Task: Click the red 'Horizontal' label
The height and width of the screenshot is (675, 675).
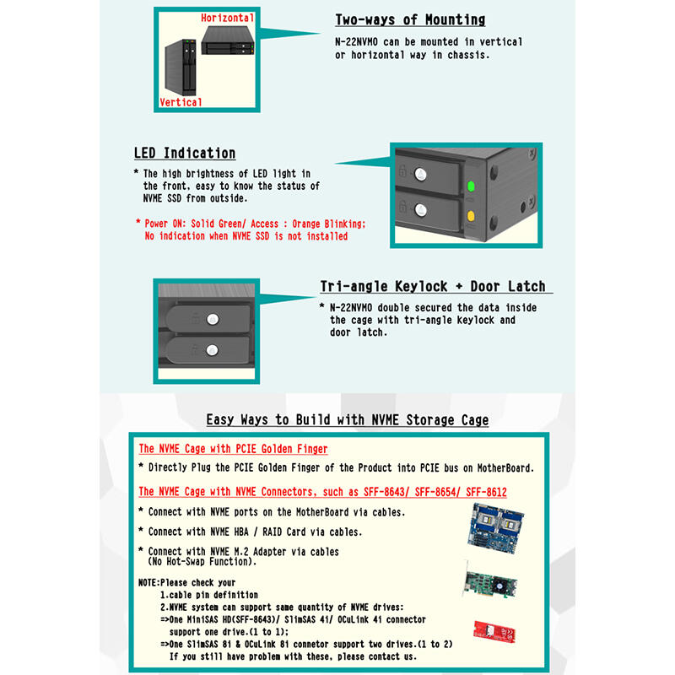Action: click(x=227, y=18)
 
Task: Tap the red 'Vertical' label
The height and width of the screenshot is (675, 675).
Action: click(x=181, y=102)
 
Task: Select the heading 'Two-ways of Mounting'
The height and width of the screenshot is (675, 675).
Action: click(x=410, y=19)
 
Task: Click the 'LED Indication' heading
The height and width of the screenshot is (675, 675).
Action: click(x=185, y=154)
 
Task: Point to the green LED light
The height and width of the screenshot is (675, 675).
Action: click(x=471, y=186)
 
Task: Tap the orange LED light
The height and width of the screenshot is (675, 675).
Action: click(x=471, y=215)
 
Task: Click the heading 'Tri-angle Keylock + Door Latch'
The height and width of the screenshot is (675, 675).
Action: click(x=433, y=287)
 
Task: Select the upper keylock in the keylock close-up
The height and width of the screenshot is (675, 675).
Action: click(x=213, y=319)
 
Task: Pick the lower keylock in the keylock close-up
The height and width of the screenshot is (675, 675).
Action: click(x=212, y=350)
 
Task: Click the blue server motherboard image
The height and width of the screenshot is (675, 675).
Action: click(x=496, y=528)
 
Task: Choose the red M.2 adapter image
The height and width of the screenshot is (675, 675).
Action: click(x=494, y=632)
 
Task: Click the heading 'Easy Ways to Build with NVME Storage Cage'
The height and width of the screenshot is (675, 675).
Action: click(x=348, y=419)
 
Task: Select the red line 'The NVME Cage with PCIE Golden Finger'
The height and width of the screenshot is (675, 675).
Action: click(x=233, y=449)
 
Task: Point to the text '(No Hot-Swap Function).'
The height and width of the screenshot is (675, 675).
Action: click(x=202, y=562)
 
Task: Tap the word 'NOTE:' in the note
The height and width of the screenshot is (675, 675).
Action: click(x=149, y=583)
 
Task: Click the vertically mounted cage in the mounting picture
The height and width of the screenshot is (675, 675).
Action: click(x=181, y=67)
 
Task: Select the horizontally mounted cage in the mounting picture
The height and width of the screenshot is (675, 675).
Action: click(x=228, y=40)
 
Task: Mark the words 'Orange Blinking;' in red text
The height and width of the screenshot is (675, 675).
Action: click(x=329, y=224)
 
